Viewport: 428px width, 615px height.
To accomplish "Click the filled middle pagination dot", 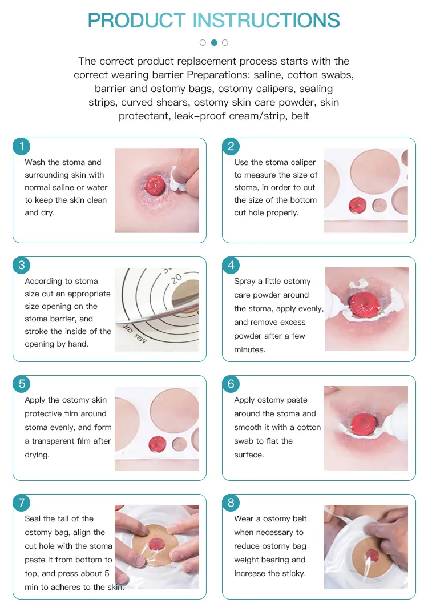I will [x=214, y=42].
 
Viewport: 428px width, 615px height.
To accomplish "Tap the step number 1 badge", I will [x=22, y=146].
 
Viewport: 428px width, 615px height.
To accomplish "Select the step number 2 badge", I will [x=231, y=146].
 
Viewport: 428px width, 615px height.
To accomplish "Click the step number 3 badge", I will [x=22, y=265].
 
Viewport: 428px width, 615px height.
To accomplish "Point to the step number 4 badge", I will [x=231, y=265].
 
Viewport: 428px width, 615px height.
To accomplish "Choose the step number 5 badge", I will [x=22, y=384].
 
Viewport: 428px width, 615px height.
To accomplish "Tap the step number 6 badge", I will [x=231, y=384].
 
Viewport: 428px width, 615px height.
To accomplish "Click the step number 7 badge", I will [x=22, y=503].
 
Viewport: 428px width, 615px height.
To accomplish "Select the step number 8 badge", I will [x=231, y=503].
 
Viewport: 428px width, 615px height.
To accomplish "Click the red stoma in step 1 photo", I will [x=156, y=184].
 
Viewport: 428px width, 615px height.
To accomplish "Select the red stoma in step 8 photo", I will [x=372, y=554].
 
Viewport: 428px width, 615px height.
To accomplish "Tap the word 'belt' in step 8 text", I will [x=297, y=518].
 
